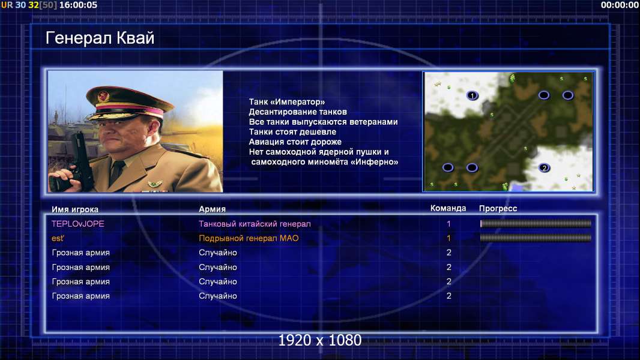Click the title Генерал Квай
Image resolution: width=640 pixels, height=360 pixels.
click(x=100, y=38)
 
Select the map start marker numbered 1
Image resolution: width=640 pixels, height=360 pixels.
click(x=472, y=95)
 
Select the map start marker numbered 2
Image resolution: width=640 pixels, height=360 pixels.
click(x=544, y=167)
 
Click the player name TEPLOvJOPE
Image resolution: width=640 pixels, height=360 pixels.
click(x=78, y=224)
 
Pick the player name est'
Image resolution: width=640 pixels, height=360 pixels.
click(x=58, y=238)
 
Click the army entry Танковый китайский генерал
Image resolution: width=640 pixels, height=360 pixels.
click(x=255, y=224)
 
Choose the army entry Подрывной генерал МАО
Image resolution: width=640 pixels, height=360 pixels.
click(x=249, y=238)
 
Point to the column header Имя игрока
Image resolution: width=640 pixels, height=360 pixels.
click(x=74, y=209)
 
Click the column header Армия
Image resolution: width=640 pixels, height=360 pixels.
click(x=213, y=209)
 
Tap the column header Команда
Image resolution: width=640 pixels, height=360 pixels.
click(x=448, y=208)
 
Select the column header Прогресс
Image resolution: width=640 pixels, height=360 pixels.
click(x=498, y=208)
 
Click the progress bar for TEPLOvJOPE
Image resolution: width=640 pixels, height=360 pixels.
click(x=536, y=223)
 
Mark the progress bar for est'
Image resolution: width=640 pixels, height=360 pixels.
click(x=536, y=238)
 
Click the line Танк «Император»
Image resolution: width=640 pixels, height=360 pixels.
click(x=287, y=102)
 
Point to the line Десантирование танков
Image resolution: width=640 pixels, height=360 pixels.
click(x=298, y=112)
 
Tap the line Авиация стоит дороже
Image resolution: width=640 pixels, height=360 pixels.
click(x=295, y=142)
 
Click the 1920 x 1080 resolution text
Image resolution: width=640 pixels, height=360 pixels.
click(x=320, y=340)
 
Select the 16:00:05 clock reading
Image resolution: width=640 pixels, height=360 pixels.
click(x=79, y=5)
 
